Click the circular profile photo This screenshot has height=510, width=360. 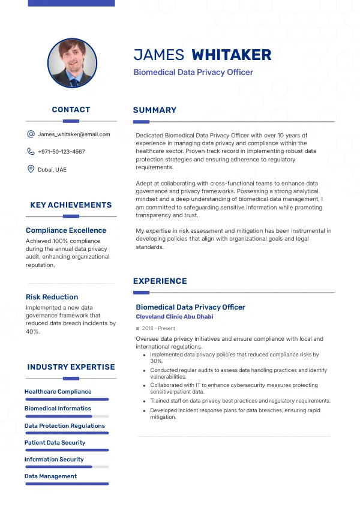click(72, 64)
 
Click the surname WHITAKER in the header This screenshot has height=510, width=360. click(231, 55)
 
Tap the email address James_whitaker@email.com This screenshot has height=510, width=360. click(74, 134)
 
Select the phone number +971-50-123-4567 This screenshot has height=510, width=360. click(61, 152)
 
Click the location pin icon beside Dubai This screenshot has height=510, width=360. click(31, 169)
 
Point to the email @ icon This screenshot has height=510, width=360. click(31, 134)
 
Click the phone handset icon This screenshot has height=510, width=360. click(31, 152)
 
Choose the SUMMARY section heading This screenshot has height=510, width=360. click(155, 110)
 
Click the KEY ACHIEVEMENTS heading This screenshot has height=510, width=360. click(71, 205)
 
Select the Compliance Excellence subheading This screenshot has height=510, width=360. click(66, 230)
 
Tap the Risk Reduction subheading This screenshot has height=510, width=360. click(52, 297)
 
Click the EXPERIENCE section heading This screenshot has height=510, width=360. click(160, 281)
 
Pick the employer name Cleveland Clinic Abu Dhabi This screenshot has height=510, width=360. click(174, 317)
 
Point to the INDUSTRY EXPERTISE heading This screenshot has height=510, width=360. click(71, 367)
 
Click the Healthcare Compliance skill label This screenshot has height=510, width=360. click(58, 392)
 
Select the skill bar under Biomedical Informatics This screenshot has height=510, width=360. click(67, 416)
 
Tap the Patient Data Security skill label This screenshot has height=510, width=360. click(55, 443)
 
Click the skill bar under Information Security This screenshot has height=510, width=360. click(67, 466)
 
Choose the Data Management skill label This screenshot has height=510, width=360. click(50, 476)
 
